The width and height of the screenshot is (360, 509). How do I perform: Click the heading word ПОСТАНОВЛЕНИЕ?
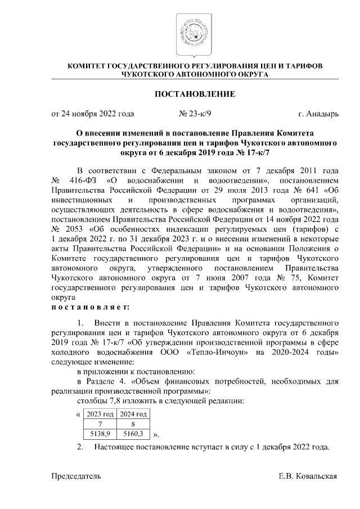[195, 93]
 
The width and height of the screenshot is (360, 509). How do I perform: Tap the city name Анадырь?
[323, 114]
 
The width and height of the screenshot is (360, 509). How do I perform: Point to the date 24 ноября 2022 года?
[92, 114]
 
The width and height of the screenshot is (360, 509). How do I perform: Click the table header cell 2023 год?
[99, 414]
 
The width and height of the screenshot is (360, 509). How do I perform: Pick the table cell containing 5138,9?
[99, 434]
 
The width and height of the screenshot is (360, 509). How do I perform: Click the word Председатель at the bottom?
[76, 476]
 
